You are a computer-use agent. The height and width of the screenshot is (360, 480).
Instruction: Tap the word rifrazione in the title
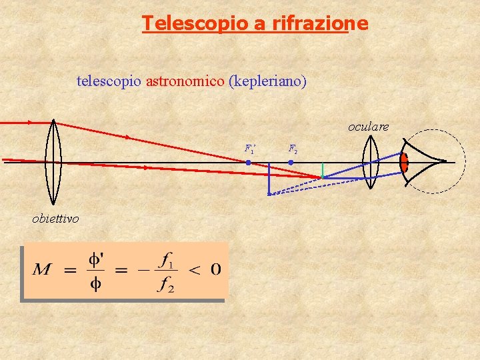coord(319,24)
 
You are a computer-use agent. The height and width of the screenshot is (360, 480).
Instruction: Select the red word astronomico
coord(185,81)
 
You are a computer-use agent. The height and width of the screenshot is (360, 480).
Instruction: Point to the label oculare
coord(368,127)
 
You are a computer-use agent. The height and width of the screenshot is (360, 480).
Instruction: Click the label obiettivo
coord(55,219)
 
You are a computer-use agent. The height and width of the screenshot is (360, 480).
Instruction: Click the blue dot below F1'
coord(249,162)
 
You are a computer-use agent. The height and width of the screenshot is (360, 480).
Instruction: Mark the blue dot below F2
coord(291,162)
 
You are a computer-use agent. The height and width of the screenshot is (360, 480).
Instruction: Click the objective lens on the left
coord(53,161)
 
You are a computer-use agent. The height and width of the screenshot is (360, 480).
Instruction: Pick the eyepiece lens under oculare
coord(371,163)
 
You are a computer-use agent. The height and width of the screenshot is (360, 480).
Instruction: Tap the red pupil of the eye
coord(404,162)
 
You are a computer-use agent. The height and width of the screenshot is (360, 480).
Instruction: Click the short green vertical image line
coord(323,170)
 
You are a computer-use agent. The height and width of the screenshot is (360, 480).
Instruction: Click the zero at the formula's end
coord(215,270)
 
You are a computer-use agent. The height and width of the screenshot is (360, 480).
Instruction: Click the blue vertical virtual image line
coord(269,178)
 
